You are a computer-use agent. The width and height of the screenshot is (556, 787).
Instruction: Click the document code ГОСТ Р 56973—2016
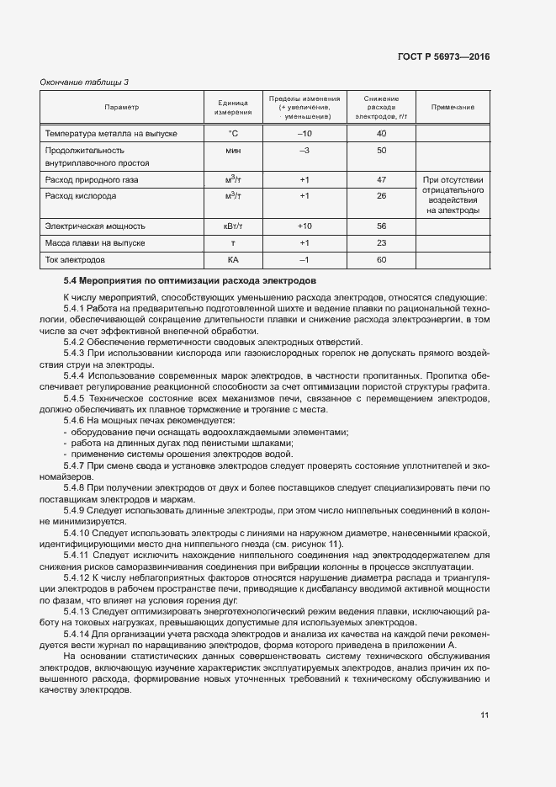[443, 56]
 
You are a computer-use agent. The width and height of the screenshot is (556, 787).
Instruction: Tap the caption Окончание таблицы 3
[85, 82]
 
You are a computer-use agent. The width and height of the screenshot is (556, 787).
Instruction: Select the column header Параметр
[121, 108]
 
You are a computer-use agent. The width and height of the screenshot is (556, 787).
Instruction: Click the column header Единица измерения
[233, 108]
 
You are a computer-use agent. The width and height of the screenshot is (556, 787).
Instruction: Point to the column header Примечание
[453, 108]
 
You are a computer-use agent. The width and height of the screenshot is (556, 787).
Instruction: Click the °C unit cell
[233, 134]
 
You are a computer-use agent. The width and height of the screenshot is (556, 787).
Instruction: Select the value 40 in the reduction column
[381, 134]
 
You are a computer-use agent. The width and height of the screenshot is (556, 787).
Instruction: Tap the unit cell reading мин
[233, 150]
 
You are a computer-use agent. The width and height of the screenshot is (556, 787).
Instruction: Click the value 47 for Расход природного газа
[381, 180]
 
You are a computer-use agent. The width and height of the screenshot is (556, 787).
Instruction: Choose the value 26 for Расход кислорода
[381, 196]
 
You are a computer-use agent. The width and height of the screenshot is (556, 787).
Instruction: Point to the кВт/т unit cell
[233, 226]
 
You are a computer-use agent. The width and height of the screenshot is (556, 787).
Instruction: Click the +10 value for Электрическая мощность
[304, 226]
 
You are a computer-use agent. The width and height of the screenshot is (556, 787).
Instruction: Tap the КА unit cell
[233, 259]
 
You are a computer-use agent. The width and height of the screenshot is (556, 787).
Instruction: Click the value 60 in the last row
[381, 259]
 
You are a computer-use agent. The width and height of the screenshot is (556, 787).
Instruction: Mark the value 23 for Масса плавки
[381, 242]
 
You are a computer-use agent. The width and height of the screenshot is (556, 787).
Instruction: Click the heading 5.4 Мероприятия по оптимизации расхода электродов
[189, 280]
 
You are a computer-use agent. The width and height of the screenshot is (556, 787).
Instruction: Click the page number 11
[485, 715]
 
